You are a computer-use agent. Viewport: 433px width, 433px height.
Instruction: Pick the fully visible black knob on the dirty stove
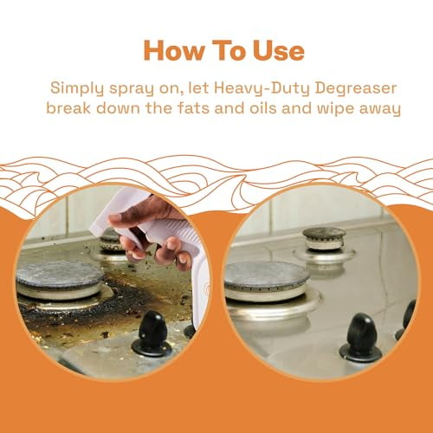point(152,333)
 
